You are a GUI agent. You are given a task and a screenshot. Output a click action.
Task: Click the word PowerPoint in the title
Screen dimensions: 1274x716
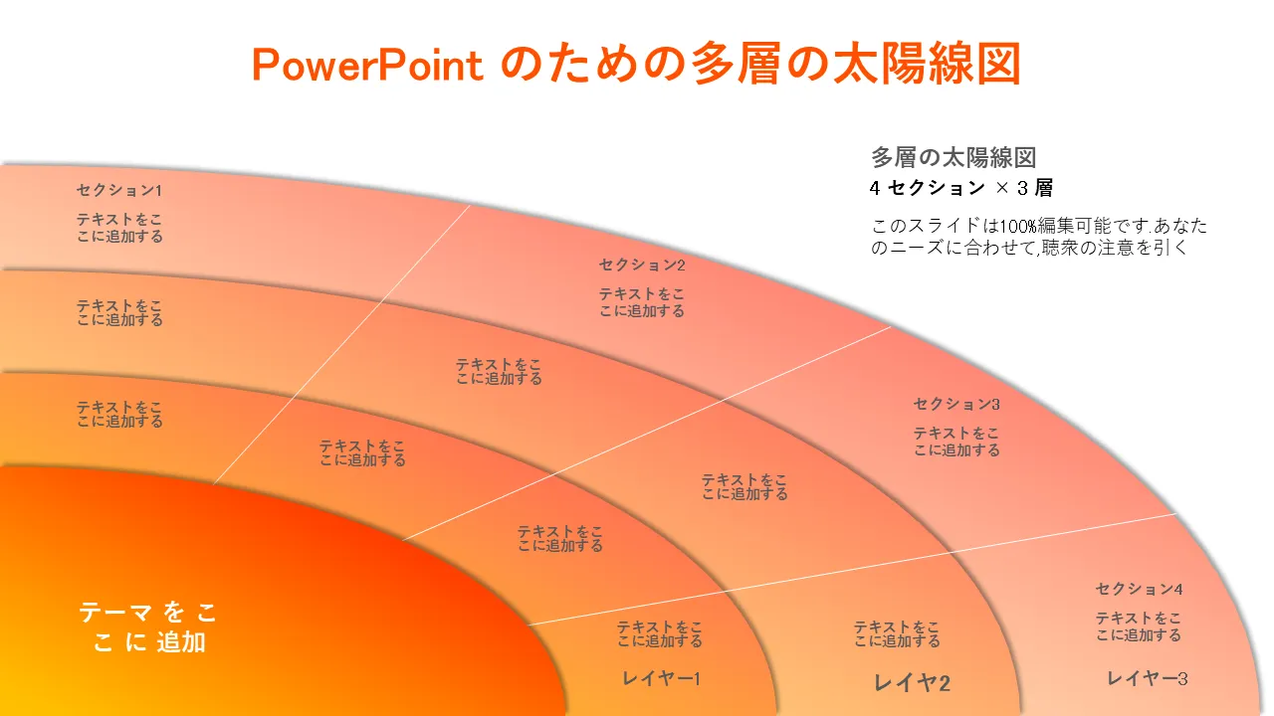click(x=368, y=65)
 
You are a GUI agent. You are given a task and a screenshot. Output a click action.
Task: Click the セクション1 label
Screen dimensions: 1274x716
click(x=119, y=190)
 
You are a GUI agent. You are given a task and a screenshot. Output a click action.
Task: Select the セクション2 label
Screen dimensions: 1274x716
click(x=642, y=265)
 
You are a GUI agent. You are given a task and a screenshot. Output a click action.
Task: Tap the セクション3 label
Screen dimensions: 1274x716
click(x=956, y=404)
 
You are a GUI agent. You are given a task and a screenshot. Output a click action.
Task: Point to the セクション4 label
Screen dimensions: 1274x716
click(x=1140, y=589)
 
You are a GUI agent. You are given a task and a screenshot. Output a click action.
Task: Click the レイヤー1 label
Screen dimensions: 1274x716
click(x=662, y=678)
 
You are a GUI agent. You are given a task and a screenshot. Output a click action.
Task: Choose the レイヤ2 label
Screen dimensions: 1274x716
click(x=912, y=682)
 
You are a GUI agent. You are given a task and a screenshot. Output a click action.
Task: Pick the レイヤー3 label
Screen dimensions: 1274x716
click(x=1148, y=678)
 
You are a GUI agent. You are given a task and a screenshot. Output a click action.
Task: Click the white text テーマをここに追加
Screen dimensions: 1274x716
click(x=148, y=627)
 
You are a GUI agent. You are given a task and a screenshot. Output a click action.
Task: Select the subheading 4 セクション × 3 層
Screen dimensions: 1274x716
click(x=961, y=188)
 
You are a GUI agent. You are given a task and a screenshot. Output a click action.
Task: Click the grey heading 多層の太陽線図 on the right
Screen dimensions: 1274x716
click(x=954, y=157)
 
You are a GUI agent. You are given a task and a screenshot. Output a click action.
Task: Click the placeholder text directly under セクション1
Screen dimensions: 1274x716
click(x=119, y=228)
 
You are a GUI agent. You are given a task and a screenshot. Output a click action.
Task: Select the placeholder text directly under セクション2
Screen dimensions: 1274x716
click(x=642, y=302)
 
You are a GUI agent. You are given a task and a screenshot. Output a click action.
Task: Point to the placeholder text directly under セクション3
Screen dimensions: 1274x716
click(x=956, y=442)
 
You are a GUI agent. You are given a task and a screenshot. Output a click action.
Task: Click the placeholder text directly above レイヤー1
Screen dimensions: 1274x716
click(x=660, y=633)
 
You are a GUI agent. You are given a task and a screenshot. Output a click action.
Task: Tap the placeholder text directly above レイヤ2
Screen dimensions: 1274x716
click(x=897, y=633)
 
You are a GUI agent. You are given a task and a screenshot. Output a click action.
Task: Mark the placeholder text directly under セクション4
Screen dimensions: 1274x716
click(x=1140, y=626)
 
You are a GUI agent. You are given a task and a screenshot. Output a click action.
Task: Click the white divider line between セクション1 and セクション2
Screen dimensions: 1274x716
click(x=341, y=345)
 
